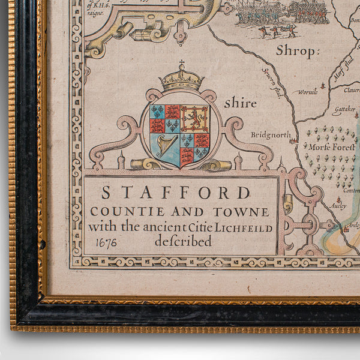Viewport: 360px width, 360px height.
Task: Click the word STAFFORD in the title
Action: pos(176,193)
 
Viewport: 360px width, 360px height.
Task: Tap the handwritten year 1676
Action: pos(106,242)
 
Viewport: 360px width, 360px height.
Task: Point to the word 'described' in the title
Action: pos(183,242)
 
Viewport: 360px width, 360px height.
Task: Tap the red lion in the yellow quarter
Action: pos(194,119)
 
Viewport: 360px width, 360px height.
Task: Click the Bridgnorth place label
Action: pos(270,134)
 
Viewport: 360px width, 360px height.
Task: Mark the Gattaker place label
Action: pos(344,112)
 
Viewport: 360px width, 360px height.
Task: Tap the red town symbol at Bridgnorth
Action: pos(293,140)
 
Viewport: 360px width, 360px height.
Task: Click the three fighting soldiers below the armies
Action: pos(274,30)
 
